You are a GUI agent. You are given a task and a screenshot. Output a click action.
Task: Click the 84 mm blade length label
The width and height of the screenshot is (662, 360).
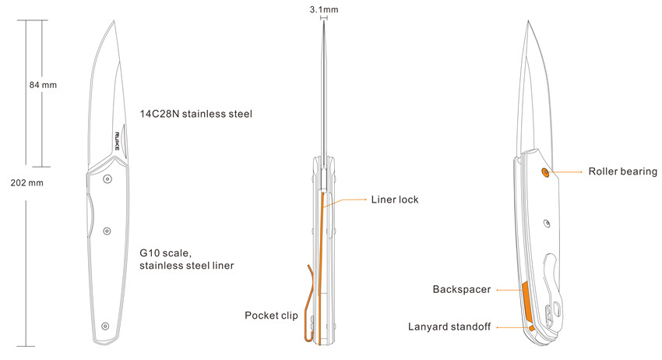point(43,85)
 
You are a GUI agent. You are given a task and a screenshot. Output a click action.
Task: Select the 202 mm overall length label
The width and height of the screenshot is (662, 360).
point(26,183)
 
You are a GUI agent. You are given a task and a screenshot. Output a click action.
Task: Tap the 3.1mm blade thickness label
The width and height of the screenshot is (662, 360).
point(324,9)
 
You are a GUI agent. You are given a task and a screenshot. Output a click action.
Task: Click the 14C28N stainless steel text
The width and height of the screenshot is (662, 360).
point(196,114)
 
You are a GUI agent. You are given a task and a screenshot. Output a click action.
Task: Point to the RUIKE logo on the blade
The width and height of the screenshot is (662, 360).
point(117,141)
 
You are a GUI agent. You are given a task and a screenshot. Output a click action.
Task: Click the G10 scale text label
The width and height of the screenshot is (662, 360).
point(165,253)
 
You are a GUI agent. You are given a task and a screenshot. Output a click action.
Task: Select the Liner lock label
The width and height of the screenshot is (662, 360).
point(395,199)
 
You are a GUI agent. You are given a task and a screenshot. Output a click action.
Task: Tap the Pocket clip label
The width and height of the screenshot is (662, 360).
point(271,316)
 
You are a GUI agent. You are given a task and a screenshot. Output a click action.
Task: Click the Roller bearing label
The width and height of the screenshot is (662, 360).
point(623,171)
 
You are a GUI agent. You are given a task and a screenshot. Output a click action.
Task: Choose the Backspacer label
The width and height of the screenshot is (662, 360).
point(462,289)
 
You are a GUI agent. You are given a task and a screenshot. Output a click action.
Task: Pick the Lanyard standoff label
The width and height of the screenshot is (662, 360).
point(449,326)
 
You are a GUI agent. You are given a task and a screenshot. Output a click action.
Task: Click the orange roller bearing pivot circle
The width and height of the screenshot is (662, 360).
point(545,172)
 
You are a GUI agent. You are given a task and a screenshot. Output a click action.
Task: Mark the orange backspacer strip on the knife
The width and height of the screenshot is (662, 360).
point(526,302)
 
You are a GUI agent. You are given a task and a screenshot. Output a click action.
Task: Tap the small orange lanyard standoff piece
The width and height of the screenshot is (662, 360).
point(531,327)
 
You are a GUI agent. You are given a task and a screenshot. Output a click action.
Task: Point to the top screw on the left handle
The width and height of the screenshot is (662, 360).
point(107,179)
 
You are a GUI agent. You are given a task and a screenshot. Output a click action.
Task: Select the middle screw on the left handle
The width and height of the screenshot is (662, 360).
point(107,231)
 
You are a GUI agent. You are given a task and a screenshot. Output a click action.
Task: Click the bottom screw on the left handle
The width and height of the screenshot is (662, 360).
point(105,326)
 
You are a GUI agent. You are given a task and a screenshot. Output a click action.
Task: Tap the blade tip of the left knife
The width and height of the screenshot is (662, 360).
point(114,21)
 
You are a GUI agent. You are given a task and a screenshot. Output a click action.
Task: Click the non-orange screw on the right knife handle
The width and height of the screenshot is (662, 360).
point(547,224)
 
